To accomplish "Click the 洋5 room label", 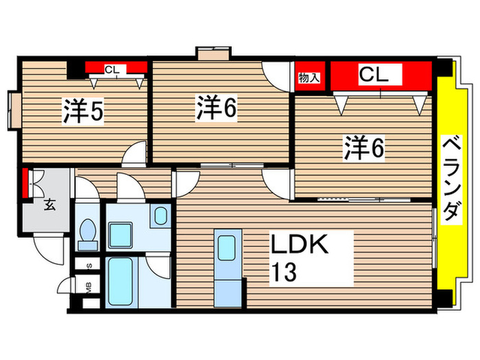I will coord(84,111).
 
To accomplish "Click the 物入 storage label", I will coord(309,77).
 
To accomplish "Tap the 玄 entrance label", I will coord(50,203).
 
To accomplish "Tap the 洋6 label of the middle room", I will coord(218,108).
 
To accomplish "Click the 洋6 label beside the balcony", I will coord(363,149).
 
